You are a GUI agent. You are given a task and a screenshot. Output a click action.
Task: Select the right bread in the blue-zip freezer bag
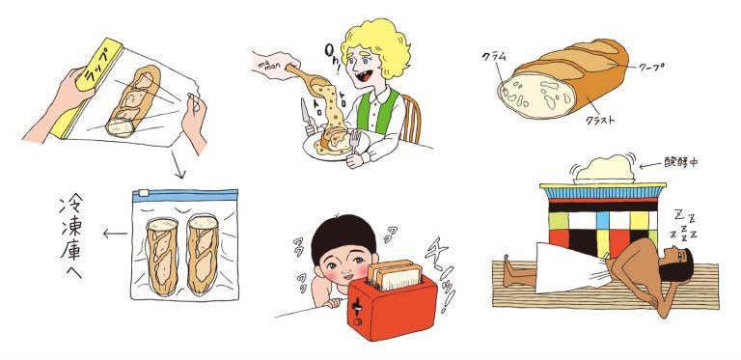click(206, 254)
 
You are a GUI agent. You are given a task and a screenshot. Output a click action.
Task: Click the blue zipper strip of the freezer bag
click(184, 196)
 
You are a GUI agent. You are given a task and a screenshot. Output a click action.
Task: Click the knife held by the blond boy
click(307, 117)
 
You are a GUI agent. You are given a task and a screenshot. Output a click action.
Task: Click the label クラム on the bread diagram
click(495, 57)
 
